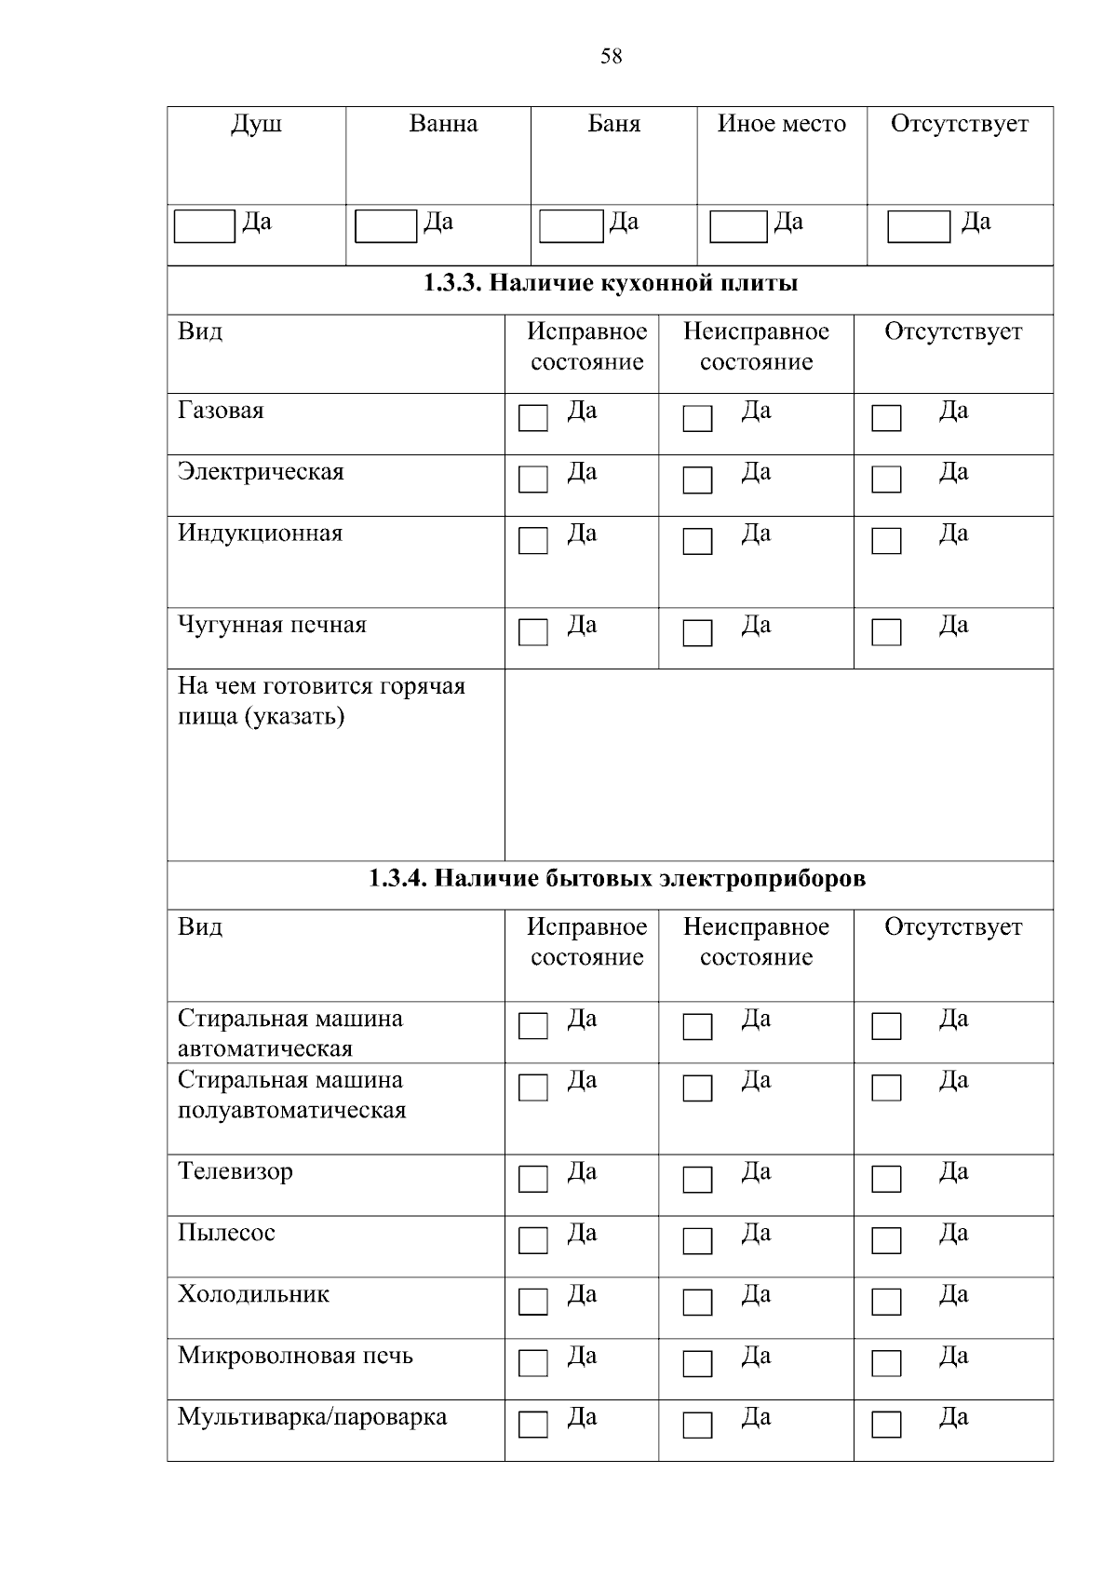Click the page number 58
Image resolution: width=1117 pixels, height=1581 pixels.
(611, 57)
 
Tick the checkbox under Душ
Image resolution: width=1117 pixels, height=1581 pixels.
(205, 226)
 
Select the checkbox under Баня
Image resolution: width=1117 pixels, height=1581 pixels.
(571, 226)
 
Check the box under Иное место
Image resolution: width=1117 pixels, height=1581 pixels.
(738, 226)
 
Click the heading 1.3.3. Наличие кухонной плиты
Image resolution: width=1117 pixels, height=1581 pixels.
(611, 283)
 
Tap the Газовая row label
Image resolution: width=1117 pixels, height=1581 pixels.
(221, 411)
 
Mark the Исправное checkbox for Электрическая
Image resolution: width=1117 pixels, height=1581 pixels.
(533, 480)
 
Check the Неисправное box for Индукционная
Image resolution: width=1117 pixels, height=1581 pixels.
(697, 541)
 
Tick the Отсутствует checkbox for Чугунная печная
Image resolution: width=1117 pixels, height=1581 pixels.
(886, 632)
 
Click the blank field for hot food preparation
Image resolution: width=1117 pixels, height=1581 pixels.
(778, 763)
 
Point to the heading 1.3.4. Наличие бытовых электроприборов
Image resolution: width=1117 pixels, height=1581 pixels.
(617, 878)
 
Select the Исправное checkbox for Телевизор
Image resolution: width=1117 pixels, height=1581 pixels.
(533, 1179)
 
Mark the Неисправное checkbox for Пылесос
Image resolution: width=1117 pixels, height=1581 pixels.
(697, 1240)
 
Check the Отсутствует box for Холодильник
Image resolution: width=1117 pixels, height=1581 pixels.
(886, 1302)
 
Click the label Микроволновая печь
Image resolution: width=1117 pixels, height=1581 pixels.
(295, 1356)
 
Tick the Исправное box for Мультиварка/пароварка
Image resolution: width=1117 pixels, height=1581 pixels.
(533, 1425)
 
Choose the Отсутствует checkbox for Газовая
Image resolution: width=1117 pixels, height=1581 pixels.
(886, 418)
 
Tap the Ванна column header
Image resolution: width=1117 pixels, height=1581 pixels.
(443, 124)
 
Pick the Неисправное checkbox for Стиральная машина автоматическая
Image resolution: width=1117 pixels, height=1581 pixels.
(697, 1026)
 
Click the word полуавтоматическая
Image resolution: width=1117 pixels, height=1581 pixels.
(292, 1110)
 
